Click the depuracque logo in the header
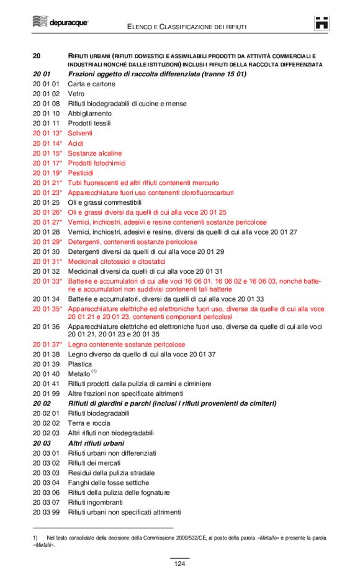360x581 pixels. click(x=60, y=22)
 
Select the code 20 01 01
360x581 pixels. click(x=46, y=84)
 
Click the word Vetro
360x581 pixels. click(x=76, y=94)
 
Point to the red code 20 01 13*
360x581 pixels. click(x=48, y=133)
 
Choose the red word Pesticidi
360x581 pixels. click(x=81, y=173)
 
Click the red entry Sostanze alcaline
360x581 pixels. click(x=95, y=153)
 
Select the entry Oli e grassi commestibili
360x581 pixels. click(x=105, y=202)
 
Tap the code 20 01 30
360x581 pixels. click(x=46, y=251)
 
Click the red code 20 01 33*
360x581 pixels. click(x=48, y=281)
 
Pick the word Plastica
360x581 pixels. click(x=79, y=364)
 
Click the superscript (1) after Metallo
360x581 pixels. click(x=94, y=371)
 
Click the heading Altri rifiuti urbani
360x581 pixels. click(x=96, y=443)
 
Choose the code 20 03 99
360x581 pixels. click(x=46, y=512)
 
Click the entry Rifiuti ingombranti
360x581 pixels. click(x=96, y=502)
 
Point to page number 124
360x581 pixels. click(x=179, y=564)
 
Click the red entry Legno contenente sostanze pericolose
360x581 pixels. click(x=126, y=344)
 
